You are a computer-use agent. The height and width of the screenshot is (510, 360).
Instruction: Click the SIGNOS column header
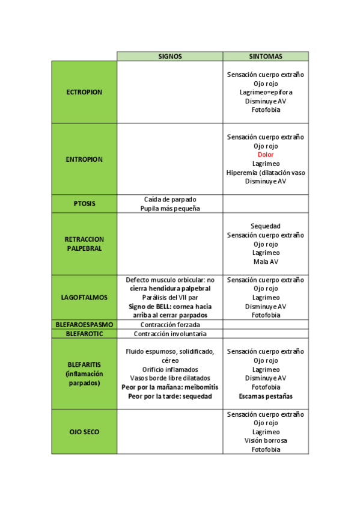tap(169, 57)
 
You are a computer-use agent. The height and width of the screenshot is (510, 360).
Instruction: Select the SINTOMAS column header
tap(266, 57)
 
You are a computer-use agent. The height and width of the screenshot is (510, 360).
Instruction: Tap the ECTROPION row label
tap(84, 92)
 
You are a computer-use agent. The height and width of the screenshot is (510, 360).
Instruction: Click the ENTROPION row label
tap(84, 159)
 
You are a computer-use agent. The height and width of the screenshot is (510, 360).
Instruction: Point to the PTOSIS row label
tap(84, 203)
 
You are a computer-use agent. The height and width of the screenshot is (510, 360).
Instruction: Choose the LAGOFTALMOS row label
tap(84, 297)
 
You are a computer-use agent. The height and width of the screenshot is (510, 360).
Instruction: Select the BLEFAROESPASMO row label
tap(84, 324)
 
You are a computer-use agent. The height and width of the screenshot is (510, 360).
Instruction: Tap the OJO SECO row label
tap(84, 432)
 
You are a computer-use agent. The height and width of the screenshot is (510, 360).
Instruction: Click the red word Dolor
tap(266, 155)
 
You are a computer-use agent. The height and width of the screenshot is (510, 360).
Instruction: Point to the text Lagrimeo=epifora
tap(266, 92)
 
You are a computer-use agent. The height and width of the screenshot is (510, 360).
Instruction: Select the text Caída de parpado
tap(170, 199)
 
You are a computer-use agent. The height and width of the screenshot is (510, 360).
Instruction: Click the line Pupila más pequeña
tap(170, 208)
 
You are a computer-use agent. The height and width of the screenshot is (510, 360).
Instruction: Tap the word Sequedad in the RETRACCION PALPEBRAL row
tap(266, 226)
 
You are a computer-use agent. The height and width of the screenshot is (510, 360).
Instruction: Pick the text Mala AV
tap(266, 262)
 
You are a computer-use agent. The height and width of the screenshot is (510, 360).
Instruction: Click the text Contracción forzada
tap(170, 324)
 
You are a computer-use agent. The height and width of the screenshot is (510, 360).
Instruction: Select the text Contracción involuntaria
tap(170, 333)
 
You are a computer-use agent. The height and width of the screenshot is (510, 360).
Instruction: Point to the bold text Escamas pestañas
tap(266, 396)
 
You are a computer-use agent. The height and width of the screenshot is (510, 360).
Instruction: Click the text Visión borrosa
tap(266, 441)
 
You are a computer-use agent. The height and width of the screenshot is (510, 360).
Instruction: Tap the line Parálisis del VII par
tap(170, 297)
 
